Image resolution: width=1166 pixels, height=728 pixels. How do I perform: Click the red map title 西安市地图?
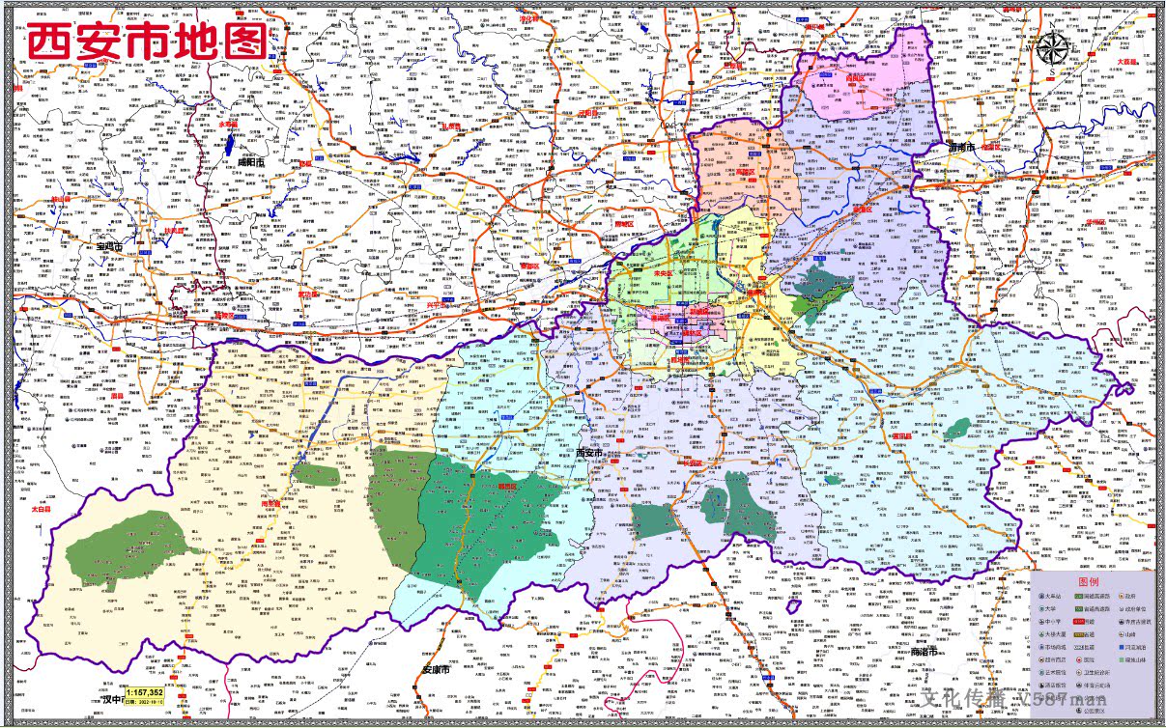[147, 42]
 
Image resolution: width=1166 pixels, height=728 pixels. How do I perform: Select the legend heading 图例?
[1089, 582]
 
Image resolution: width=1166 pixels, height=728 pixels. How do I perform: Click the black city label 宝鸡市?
[110, 247]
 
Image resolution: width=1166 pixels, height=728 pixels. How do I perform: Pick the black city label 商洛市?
[925, 654]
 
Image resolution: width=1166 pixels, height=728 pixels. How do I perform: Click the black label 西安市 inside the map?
[588, 453]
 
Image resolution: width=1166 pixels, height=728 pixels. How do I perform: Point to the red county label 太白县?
[41, 508]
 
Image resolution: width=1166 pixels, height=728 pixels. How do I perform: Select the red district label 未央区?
[663, 273]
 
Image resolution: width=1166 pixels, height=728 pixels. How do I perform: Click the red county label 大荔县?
[1127, 61]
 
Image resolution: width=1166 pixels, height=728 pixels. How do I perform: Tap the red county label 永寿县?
[228, 125]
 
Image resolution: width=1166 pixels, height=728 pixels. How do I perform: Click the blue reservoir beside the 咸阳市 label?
[233, 145]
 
